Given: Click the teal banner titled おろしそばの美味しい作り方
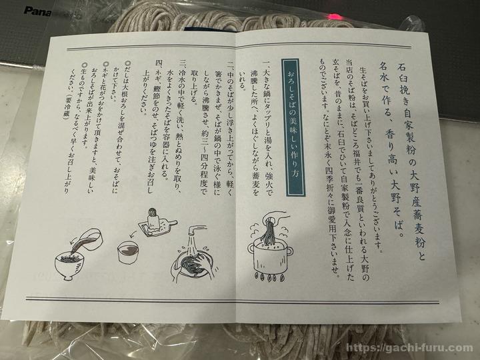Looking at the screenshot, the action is click(293, 127).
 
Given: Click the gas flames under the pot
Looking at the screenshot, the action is click(269, 277).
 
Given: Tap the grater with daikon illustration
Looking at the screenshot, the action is click(156, 223).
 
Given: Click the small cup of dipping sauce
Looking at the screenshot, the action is click(129, 252).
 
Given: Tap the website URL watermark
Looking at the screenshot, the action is click(409, 348).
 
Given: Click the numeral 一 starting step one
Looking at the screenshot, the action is click(267, 64).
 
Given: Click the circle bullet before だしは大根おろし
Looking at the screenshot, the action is click(128, 64).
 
